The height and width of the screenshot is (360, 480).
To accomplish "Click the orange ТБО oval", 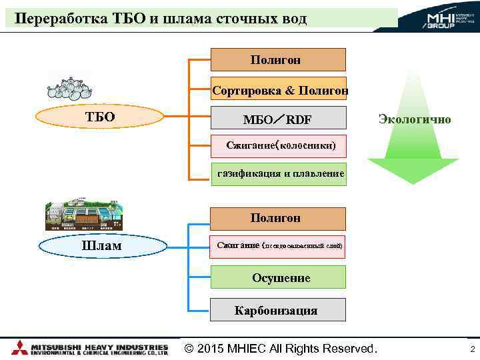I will coord(100,117).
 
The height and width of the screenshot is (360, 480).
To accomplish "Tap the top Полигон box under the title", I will coord(278,59).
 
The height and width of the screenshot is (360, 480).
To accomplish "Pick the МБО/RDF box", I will coord(278,119).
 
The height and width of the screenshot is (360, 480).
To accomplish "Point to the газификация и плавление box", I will coord(279,174).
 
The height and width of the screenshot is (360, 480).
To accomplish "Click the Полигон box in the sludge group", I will coord(278,218).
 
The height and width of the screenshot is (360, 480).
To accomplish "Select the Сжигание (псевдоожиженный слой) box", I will coord(279,246).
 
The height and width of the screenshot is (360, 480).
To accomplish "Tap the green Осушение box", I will coord(278,277).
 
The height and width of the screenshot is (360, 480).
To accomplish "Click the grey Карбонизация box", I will coord(278,310).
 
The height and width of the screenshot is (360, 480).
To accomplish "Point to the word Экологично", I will coord(414,119).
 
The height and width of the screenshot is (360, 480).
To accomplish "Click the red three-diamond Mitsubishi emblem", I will coord(20,348).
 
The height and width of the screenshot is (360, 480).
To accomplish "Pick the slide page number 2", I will coord(472,349).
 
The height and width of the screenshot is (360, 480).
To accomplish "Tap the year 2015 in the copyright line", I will coord(213,349).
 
